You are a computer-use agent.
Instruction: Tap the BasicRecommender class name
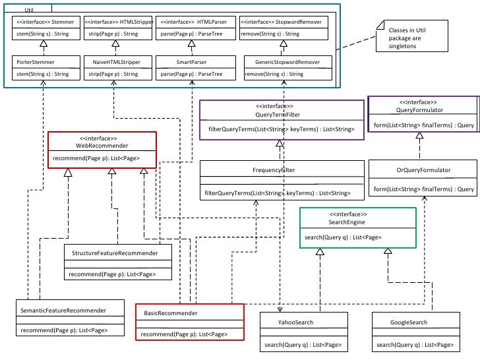coord(171,313)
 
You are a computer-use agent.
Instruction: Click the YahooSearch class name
coord(295,322)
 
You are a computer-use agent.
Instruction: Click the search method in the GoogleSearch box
coord(415,345)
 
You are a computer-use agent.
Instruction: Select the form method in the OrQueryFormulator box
coord(424,189)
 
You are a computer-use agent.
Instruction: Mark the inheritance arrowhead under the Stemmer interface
coord(43,42)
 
